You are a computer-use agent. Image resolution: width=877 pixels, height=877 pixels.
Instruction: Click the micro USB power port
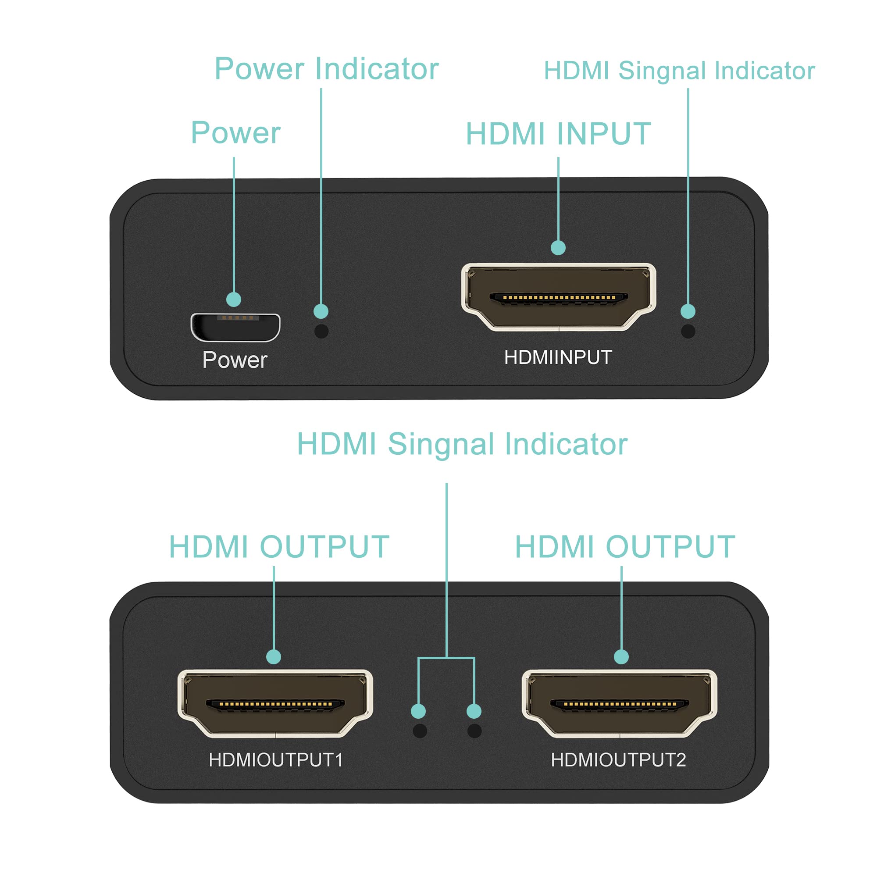pos(235,327)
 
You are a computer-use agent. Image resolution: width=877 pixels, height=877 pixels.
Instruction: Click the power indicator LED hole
pos(321,331)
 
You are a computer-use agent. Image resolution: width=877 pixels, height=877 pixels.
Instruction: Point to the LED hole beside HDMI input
pos(688,331)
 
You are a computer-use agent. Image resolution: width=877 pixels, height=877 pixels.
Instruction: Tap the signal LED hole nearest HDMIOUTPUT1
pos(420,731)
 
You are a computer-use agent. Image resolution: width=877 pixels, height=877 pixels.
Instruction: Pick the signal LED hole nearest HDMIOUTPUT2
pos(474,731)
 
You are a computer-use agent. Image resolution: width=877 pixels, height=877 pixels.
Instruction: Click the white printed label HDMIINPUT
pos(558,357)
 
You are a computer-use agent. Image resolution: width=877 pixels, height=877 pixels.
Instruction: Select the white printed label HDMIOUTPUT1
pos(275,760)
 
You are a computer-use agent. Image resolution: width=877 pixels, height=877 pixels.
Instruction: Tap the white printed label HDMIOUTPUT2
pos(618,760)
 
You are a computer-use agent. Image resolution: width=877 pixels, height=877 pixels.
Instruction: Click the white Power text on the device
pos(235,360)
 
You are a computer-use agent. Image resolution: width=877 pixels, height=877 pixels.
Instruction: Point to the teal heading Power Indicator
pos(326,69)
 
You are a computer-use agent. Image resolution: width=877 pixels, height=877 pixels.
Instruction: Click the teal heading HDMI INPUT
pos(558,134)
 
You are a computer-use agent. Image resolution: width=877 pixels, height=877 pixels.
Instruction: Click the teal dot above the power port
pos(234,299)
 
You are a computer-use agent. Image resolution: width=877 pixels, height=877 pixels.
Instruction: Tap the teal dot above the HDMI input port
pos(558,247)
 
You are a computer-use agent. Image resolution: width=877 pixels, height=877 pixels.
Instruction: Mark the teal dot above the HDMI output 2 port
pos(621,656)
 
